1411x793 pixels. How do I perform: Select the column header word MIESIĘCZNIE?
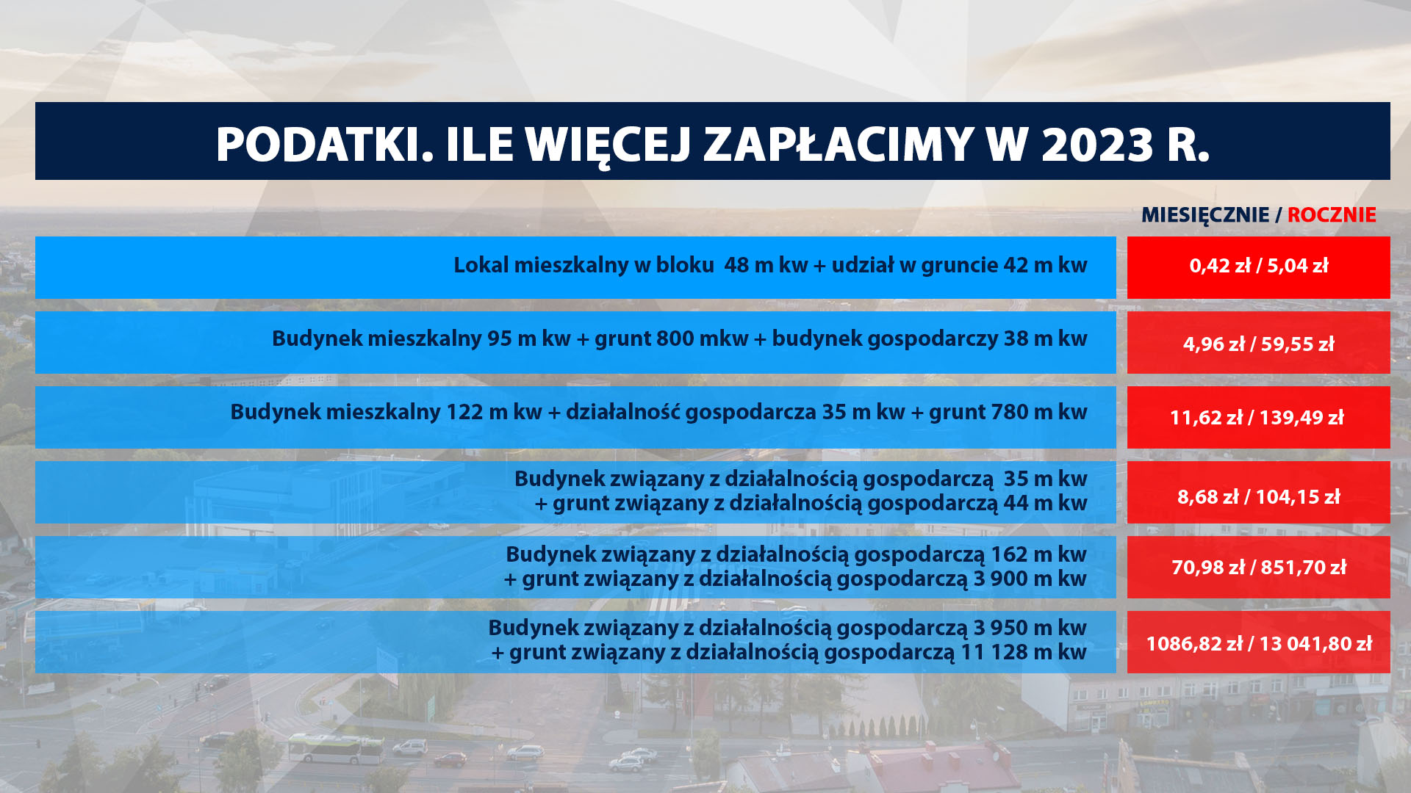tap(1205, 214)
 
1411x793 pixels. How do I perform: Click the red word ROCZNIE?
tap(1332, 214)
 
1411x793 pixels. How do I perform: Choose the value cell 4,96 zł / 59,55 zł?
tap(1259, 344)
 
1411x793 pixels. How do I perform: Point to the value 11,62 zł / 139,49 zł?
tap(1257, 418)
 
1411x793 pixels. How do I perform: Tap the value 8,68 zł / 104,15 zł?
tap(1259, 497)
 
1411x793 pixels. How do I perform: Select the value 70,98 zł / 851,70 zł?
tap(1259, 568)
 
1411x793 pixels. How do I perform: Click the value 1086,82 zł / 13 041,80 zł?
tap(1259, 644)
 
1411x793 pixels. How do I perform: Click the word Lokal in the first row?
tap(481, 265)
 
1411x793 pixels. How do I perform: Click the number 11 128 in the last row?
tap(993, 652)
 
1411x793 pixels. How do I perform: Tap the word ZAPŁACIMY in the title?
tap(839, 144)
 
